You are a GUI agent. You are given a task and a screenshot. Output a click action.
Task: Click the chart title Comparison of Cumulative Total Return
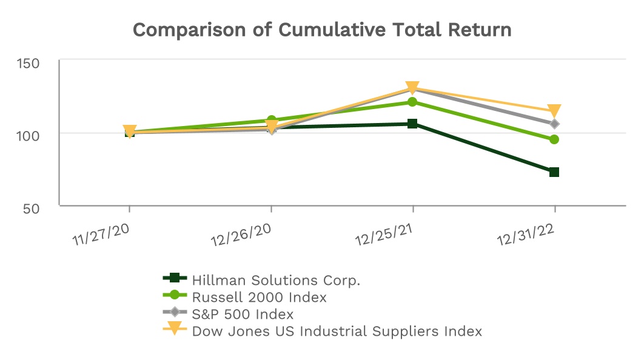click(322, 30)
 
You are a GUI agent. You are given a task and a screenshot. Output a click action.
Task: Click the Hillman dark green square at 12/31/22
click(554, 172)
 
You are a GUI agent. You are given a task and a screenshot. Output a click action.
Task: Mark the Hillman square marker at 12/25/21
click(412, 124)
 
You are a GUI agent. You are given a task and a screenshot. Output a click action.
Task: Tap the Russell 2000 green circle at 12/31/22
click(554, 139)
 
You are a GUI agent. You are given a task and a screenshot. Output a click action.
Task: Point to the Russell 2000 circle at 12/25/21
click(412, 102)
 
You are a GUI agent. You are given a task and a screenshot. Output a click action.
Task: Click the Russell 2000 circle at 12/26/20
click(271, 120)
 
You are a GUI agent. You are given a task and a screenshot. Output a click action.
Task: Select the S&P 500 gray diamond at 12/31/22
click(554, 124)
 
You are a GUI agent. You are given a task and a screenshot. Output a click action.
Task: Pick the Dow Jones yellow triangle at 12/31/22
click(554, 111)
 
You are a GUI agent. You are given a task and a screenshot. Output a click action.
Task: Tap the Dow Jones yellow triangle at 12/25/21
click(412, 88)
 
